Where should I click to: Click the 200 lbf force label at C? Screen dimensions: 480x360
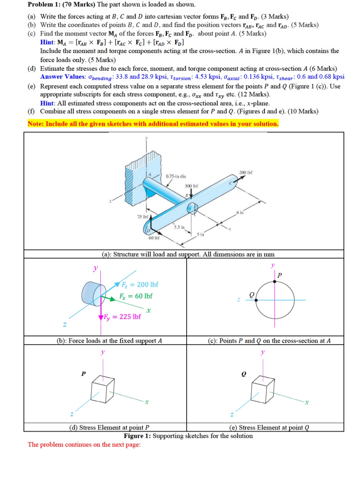(246, 173)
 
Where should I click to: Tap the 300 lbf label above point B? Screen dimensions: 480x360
(191, 186)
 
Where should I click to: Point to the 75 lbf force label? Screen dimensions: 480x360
(143, 217)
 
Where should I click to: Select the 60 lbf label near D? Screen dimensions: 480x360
(154, 238)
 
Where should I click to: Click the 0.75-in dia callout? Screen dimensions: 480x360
(176, 176)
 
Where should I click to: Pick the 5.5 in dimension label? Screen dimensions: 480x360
(179, 227)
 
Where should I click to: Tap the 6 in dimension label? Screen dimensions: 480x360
(240, 213)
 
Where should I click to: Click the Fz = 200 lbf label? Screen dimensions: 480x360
(140, 285)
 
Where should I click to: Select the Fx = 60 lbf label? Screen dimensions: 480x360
(136, 296)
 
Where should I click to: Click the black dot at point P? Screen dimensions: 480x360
(275, 281)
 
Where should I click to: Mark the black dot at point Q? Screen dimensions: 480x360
(256, 300)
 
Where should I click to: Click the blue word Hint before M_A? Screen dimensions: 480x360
(47, 42)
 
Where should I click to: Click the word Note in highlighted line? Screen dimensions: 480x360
(35, 124)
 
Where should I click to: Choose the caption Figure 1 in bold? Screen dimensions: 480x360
(137, 436)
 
